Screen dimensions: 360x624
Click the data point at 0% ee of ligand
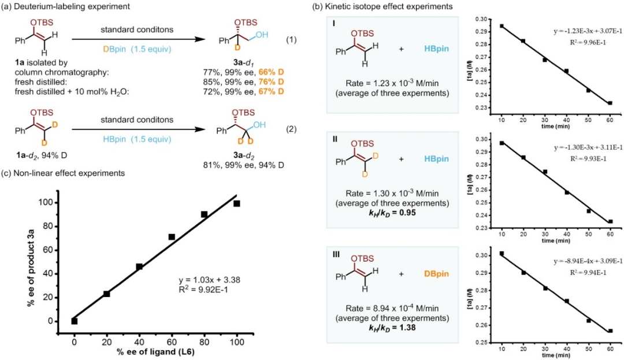click(75, 321)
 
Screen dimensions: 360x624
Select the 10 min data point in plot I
click(502, 26)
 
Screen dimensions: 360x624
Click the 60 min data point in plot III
click(610, 331)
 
